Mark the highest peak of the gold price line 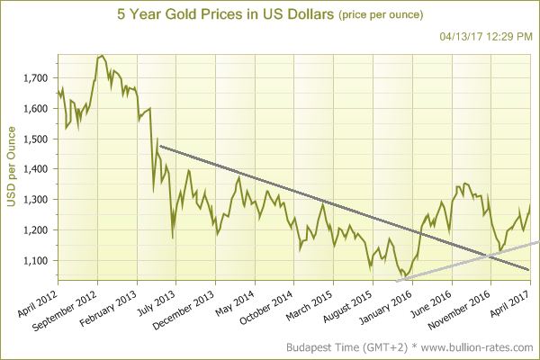(x=101, y=56)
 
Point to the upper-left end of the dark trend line (x=159, y=146)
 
